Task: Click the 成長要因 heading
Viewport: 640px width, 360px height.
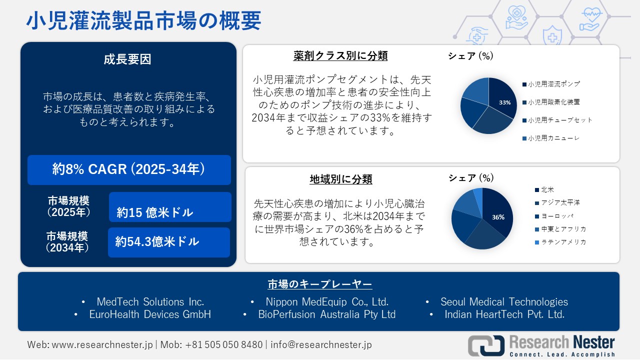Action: (x=127, y=59)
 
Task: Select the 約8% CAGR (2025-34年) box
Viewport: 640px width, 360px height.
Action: (x=129, y=170)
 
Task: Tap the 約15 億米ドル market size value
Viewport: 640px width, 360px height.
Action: (x=155, y=212)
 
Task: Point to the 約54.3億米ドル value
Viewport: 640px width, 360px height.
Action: (x=157, y=242)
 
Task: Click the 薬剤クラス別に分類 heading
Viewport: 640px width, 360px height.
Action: (x=340, y=55)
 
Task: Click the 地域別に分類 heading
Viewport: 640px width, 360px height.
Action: (x=341, y=179)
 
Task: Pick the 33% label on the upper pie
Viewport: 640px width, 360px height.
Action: (x=504, y=102)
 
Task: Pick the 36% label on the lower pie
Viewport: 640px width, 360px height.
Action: (x=498, y=217)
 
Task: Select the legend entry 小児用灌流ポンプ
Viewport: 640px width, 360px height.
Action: (x=554, y=84)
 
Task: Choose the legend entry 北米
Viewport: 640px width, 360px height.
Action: (x=547, y=190)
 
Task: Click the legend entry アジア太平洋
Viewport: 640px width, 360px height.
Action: (x=560, y=203)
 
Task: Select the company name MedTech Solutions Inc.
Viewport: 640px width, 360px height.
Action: (x=150, y=302)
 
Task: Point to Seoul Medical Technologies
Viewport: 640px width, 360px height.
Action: (x=504, y=302)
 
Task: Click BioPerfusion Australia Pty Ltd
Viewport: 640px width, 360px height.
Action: (x=327, y=314)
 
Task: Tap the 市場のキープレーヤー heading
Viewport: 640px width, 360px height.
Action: (x=319, y=285)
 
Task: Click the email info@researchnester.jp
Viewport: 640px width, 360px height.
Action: (x=321, y=344)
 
